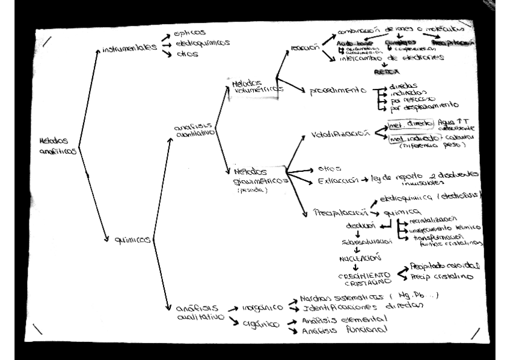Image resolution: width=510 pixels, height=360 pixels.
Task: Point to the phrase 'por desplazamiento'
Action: [426, 110]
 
